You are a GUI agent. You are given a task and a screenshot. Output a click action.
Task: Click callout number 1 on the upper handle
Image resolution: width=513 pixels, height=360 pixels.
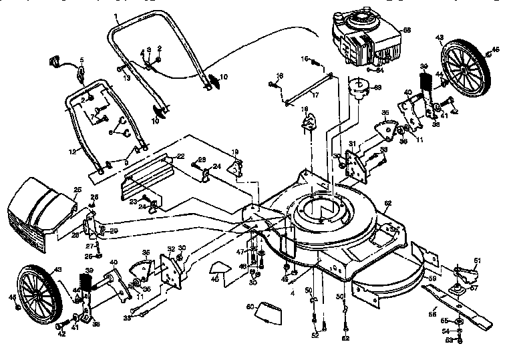(x=115, y=15)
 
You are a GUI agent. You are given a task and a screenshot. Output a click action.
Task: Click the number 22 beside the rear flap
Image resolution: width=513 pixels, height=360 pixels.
(x=180, y=156)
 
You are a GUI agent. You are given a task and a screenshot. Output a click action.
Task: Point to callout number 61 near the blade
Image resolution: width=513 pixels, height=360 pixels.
(x=477, y=261)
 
